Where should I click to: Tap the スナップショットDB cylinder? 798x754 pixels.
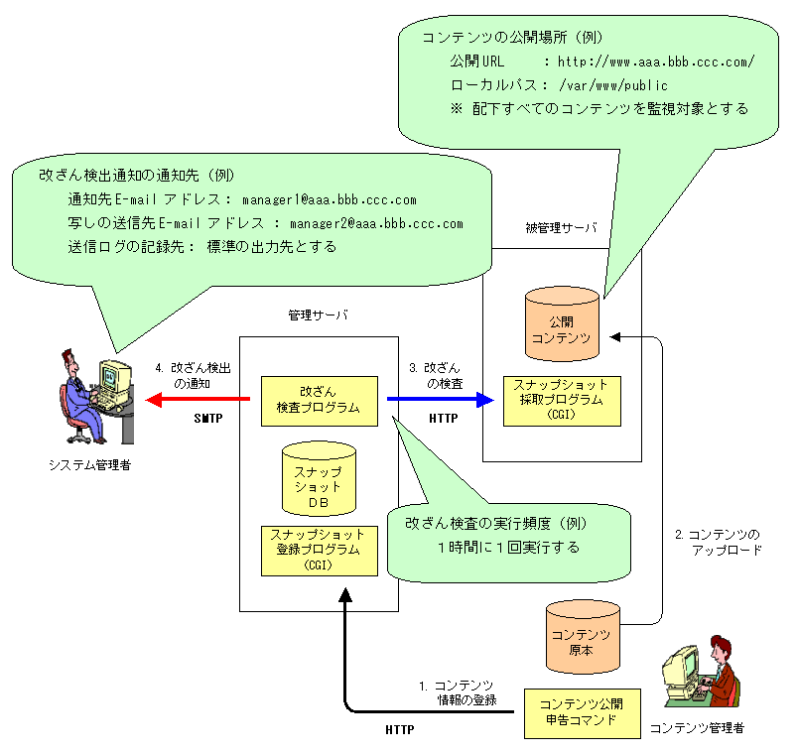pos(318,481)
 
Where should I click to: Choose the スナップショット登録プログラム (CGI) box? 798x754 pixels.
pos(318,550)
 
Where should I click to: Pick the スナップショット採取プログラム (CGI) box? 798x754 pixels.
pos(562,401)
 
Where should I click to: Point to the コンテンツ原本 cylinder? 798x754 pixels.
pos(583,635)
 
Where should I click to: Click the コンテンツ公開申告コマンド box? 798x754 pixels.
pos(581,712)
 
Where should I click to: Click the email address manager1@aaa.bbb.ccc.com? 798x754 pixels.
pos(330,199)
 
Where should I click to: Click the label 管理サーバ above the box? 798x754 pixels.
pos(318,315)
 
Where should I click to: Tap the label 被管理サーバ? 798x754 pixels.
pos(561,227)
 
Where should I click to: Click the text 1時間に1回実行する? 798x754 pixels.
pos(508,547)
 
